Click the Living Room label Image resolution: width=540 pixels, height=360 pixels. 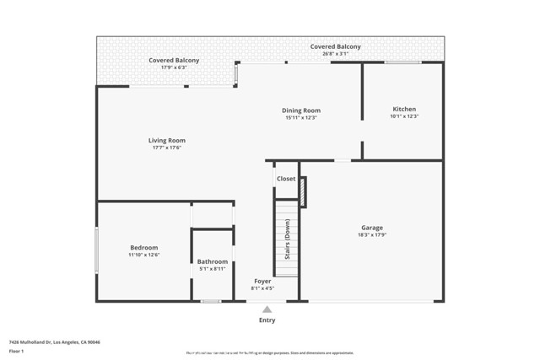coord(167,140)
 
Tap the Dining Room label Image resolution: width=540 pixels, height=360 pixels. coord(302,110)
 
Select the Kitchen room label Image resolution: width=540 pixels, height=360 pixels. coord(403,110)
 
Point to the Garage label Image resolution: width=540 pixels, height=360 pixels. coord(372,228)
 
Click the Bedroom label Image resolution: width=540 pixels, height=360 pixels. coord(143,247)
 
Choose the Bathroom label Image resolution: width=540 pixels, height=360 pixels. coord(213,261)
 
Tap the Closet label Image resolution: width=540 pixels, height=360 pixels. coord(286,179)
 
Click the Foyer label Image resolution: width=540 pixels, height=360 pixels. coord(262,281)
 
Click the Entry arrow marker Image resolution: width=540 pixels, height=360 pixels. coord(267,309)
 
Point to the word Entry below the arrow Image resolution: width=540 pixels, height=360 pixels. coord(267,320)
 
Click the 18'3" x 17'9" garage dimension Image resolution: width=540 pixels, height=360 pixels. coord(372,235)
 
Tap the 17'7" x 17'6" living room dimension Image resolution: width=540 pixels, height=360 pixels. coord(167,148)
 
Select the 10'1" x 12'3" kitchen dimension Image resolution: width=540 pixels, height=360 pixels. coord(403,117)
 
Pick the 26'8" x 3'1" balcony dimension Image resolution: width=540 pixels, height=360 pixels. coord(335,54)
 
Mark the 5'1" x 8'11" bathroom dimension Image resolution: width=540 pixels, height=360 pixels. coord(213,269)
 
